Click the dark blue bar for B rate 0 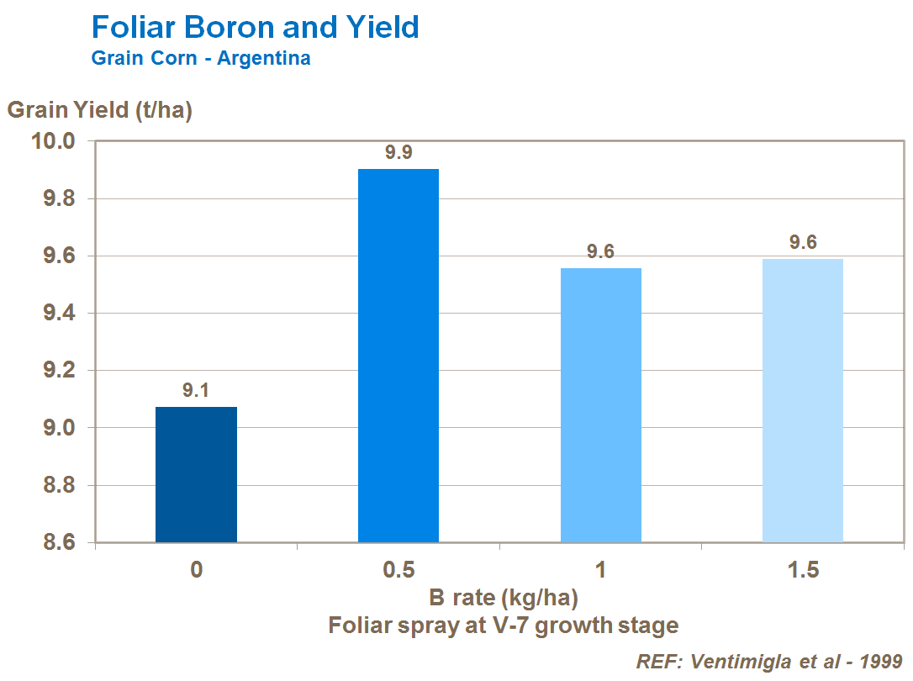click(196, 475)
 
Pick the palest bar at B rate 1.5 click(803, 400)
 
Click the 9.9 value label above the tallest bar click(398, 153)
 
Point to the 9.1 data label click(196, 390)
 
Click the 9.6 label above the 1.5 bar click(803, 243)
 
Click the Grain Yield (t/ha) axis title click(100, 110)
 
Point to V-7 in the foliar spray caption click(525, 626)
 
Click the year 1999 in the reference click(877, 661)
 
